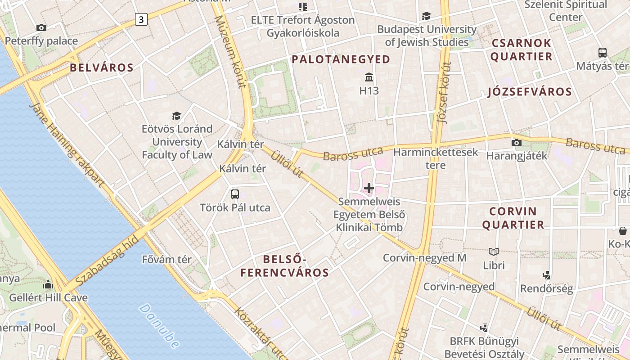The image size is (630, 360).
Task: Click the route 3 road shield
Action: pos(141,19)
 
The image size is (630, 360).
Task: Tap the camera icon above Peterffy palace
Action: pos(41,28)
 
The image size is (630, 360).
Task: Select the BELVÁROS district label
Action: pos(102,68)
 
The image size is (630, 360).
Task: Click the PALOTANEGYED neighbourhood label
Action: pos(341,59)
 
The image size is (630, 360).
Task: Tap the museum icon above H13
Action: pos(369,77)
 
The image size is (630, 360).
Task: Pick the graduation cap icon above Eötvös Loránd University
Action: pos(176,116)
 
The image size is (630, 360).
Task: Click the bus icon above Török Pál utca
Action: pos(235,194)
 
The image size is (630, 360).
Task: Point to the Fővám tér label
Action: pos(166,260)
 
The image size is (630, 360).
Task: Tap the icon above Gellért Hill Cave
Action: pos(48,284)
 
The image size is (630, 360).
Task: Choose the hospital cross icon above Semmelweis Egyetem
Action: pos(369,188)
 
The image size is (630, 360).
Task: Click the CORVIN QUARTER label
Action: pos(513,218)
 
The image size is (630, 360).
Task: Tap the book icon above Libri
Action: pos(494,252)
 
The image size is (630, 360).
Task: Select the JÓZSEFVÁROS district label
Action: pos(530,92)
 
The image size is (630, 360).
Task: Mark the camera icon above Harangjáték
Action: pos(517,143)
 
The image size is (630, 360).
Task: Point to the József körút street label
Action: pos(444,92)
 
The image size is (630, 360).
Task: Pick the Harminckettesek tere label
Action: pos(436,158)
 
